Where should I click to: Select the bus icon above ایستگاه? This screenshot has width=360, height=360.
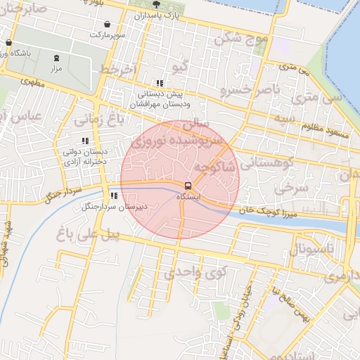188,186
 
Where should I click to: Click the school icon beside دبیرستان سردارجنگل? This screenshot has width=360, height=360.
113,196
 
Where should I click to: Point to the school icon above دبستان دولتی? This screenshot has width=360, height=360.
85,141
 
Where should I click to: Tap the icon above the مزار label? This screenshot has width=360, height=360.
57,58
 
